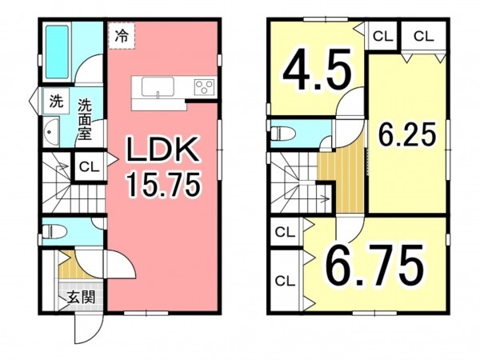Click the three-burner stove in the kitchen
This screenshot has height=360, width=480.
[x=202, y=86]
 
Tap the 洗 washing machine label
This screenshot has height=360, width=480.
[x=55, y=102]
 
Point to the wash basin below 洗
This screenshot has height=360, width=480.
[x=51, y=130]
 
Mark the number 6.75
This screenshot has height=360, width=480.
[x=374, y=266]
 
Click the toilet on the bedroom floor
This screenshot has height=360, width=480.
[x=285, y=132]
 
